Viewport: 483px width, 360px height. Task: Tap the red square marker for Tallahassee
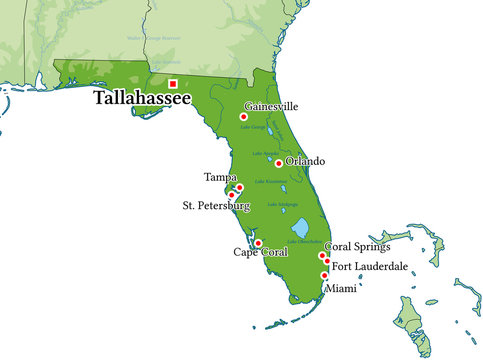coord(173,84)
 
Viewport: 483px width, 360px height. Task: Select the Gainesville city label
coord(279,106)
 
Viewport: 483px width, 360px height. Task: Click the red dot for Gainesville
coord(243,117)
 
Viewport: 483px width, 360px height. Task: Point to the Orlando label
coord(305,161)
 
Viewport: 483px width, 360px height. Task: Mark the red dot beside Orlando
coord(279,163)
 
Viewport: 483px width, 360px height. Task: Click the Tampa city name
coord(221,177)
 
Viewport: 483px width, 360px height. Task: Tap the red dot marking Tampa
coord(239,187)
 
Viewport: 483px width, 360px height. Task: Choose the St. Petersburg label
coord(215,206)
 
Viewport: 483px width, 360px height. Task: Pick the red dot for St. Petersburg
coord(232,195)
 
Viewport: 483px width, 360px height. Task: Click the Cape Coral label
coord(260,253)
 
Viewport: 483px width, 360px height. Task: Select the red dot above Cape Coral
coord(258,243)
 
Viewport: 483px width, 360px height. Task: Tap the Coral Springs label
coord(358,247)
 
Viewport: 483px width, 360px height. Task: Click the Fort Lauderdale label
coord(369,266)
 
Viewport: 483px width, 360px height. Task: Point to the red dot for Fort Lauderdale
coord(326,263)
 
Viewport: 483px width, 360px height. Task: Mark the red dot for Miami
coord(324,275)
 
